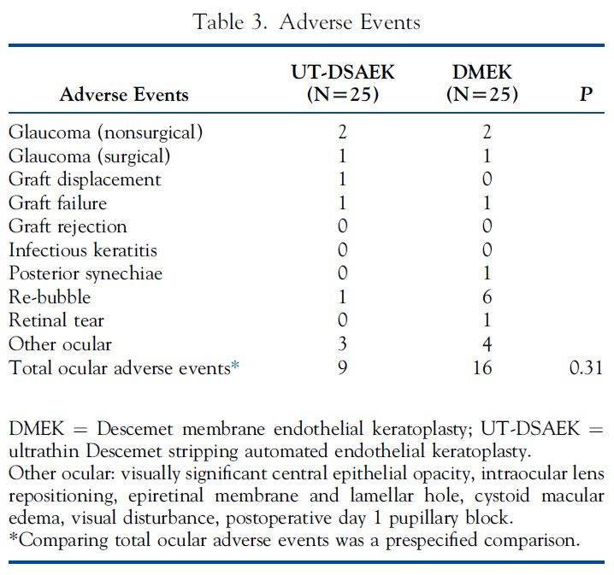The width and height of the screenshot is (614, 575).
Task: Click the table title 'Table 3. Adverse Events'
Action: (307, 21)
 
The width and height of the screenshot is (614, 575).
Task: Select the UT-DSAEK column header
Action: (342, 83)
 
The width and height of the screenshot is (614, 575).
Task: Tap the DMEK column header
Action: (482, 83)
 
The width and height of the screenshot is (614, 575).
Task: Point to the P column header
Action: (586, 94)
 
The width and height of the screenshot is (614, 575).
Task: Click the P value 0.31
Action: (585, 368)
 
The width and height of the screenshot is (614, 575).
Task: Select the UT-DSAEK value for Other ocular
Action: (342, 344)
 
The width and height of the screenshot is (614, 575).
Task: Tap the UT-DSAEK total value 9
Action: (342, 368)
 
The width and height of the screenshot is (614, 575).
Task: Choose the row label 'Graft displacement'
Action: (85, 179)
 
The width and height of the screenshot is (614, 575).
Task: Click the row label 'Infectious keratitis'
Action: (83, 250)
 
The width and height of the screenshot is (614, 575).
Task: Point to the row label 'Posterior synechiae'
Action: (86, 273)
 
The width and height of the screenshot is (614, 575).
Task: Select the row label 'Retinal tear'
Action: (56, 321)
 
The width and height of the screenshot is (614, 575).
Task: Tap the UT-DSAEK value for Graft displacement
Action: (342, 179)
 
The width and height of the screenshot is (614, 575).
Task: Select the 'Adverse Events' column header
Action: (124, 95)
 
